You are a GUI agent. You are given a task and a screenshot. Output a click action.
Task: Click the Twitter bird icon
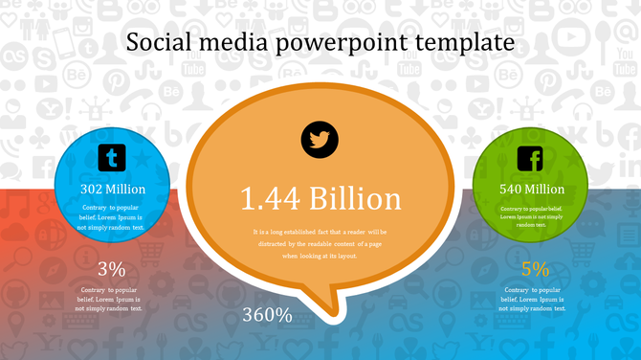pyautogui.click(x=320, y=140)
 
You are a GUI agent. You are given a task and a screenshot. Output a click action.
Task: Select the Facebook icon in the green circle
pyautogui.click(x=530, y=159)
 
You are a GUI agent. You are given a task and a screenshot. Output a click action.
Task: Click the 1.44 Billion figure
pyautogui.click(x=320, y=198)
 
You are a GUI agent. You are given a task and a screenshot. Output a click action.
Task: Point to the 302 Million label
pyautogui.click(x=113, y=189)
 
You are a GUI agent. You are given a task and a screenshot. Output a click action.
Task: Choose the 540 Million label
pyautogui.click(x=532, y=189)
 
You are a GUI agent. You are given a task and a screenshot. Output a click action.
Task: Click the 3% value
pyautogui.click(x=111, y=269)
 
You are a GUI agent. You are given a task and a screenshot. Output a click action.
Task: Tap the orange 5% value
pyautogui.click(x=535, y=269)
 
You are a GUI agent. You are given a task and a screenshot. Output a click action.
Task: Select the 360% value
pyautogui.click(x=267, y=314)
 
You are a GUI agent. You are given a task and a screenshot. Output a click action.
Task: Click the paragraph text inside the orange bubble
pyautogui.click(x=320, y=243)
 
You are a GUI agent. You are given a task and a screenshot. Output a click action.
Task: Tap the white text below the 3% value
pyautogui.click(x=111, y=298)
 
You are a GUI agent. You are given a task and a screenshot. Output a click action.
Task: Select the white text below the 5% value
pyautogui.click(x=535, y=298)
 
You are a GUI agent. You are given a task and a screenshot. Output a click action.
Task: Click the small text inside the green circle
pyautogui.click(x=531, y=215)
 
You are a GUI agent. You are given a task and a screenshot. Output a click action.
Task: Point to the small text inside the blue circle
pyautogui.click(x=113, y=217)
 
